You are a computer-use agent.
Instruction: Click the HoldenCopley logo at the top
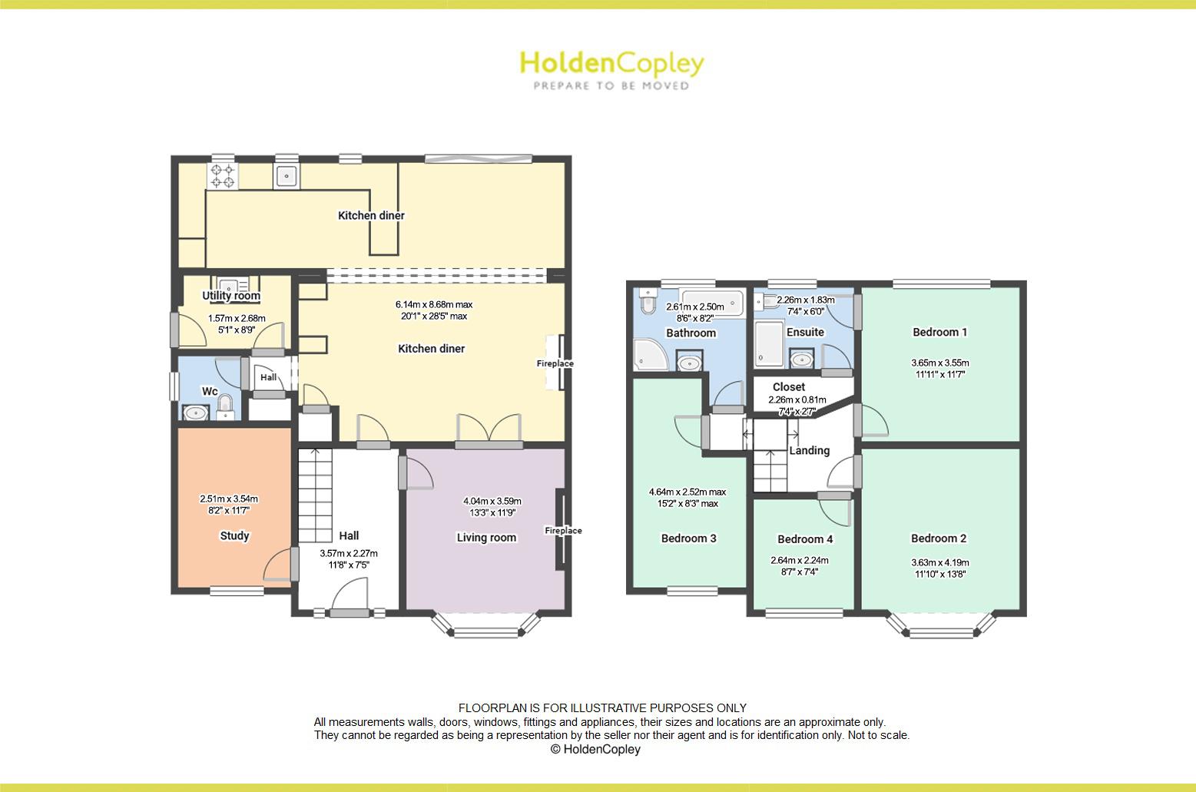tap(611, 69)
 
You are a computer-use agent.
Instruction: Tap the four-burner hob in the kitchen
tap(224, 176)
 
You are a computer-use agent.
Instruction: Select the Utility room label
tap(231, 296)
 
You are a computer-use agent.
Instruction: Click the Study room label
tap(234, 535)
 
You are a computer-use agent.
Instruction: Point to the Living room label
tap(486, 537)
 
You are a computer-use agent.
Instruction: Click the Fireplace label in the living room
tap(563, 530)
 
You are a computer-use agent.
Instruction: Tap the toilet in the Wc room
tap(225, 405)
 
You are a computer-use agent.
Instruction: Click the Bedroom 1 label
tap(939, 332)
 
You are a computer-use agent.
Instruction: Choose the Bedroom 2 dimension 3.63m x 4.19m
tap(940, 562)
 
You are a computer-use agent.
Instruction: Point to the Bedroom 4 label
tap(804, 539)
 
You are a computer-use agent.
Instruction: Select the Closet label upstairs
tap(789, 386)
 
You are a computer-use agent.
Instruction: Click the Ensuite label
tap(805, 332)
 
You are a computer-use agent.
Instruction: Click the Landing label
tap(809, 450)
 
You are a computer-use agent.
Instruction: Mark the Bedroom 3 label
tap(688, 538)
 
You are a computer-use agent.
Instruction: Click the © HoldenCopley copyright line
tap(595, 749)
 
